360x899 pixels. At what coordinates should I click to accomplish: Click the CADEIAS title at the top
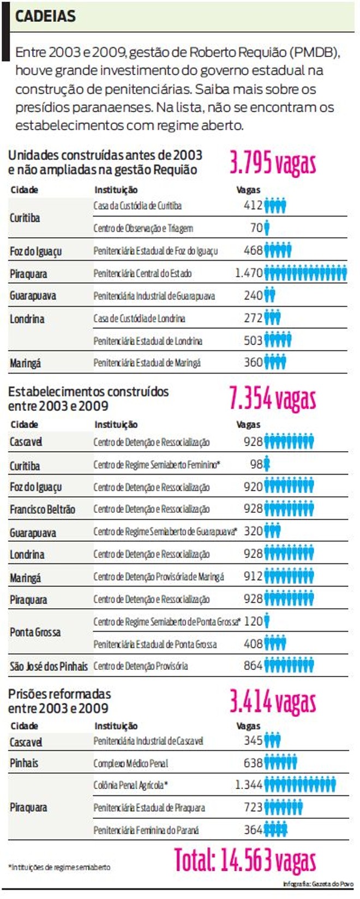coord(45,16)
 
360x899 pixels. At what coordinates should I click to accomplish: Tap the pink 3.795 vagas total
coord(272,163)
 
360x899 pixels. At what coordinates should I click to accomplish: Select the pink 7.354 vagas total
coord(272,398)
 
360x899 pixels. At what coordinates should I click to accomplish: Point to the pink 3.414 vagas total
coord(272,702)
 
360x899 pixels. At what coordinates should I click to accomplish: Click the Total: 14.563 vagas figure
coord(245,860)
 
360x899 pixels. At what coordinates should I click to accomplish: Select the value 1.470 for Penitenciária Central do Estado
coord(249,273)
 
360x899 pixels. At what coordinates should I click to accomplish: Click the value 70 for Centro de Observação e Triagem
coord(256,228)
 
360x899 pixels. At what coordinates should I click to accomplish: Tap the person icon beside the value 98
coord(267,464)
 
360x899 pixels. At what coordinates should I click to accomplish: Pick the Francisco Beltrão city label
coord(43,510)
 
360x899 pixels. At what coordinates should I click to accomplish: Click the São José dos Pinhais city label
coord(49,666)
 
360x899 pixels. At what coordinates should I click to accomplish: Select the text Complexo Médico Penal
coord(130,763)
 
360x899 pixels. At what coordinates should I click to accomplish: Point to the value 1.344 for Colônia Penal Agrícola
coord(249,785)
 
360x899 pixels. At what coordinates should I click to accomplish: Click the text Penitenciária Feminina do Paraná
coord(146,830)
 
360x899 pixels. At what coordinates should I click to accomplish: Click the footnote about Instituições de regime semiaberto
coord(59,867)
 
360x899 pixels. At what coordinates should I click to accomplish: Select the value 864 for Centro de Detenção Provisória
coord(253,666)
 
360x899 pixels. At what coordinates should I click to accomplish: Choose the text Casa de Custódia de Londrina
coord(139,318)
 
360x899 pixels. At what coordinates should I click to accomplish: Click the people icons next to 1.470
coord(305,273)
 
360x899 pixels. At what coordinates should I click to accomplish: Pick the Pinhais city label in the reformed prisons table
coord(24,763)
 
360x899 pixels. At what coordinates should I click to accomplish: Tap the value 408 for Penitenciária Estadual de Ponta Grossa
coord(253,644)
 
